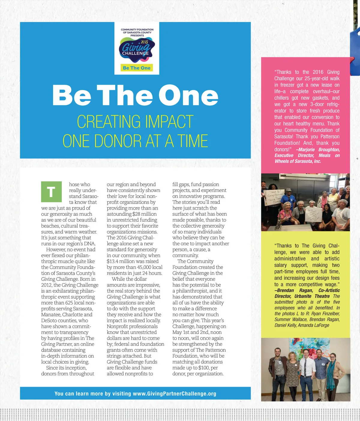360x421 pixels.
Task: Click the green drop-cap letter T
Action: [51, 192]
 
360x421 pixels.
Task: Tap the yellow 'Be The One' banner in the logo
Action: [137, 68]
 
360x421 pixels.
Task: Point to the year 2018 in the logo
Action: [144, 42]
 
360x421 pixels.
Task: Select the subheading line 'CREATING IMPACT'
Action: [135, 122]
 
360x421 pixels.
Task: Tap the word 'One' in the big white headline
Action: [188, 95]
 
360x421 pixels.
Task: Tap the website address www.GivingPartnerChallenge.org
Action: [174, 394]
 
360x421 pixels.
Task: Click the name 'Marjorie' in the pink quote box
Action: [306, 150]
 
